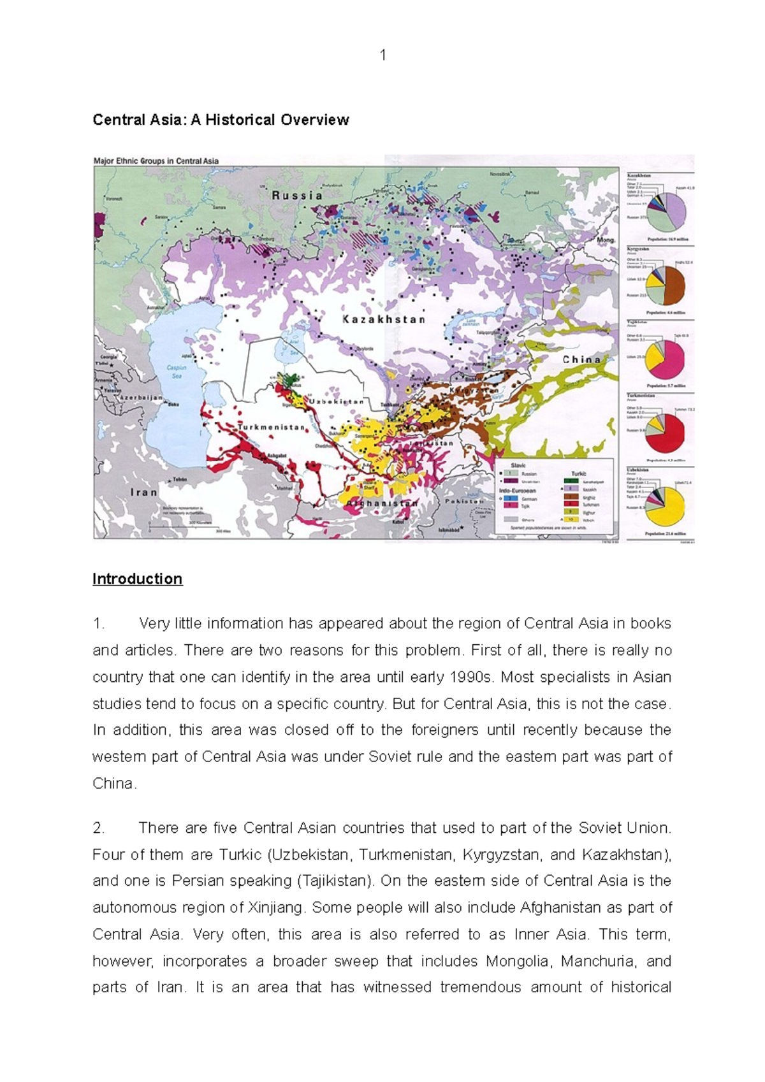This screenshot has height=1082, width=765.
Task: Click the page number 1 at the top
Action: coord(382,56)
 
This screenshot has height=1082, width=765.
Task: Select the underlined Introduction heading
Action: coord(138,579)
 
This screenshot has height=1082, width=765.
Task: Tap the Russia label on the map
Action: coord(298,196)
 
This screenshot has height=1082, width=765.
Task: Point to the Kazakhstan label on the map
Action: coord(384,319)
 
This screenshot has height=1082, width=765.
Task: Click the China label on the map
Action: coord(581,360)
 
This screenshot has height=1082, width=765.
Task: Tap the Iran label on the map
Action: coord(143,492)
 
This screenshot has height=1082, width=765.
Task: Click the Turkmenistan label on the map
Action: coord(272,427)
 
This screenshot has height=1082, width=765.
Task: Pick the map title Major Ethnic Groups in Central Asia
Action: coord(156,161)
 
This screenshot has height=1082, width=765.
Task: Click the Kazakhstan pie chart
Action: coord(666,212)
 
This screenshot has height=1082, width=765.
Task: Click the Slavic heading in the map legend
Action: coord(518,466)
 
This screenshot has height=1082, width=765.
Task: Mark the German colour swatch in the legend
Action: coord(510,499)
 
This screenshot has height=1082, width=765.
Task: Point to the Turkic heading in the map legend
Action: coord(579,473)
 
